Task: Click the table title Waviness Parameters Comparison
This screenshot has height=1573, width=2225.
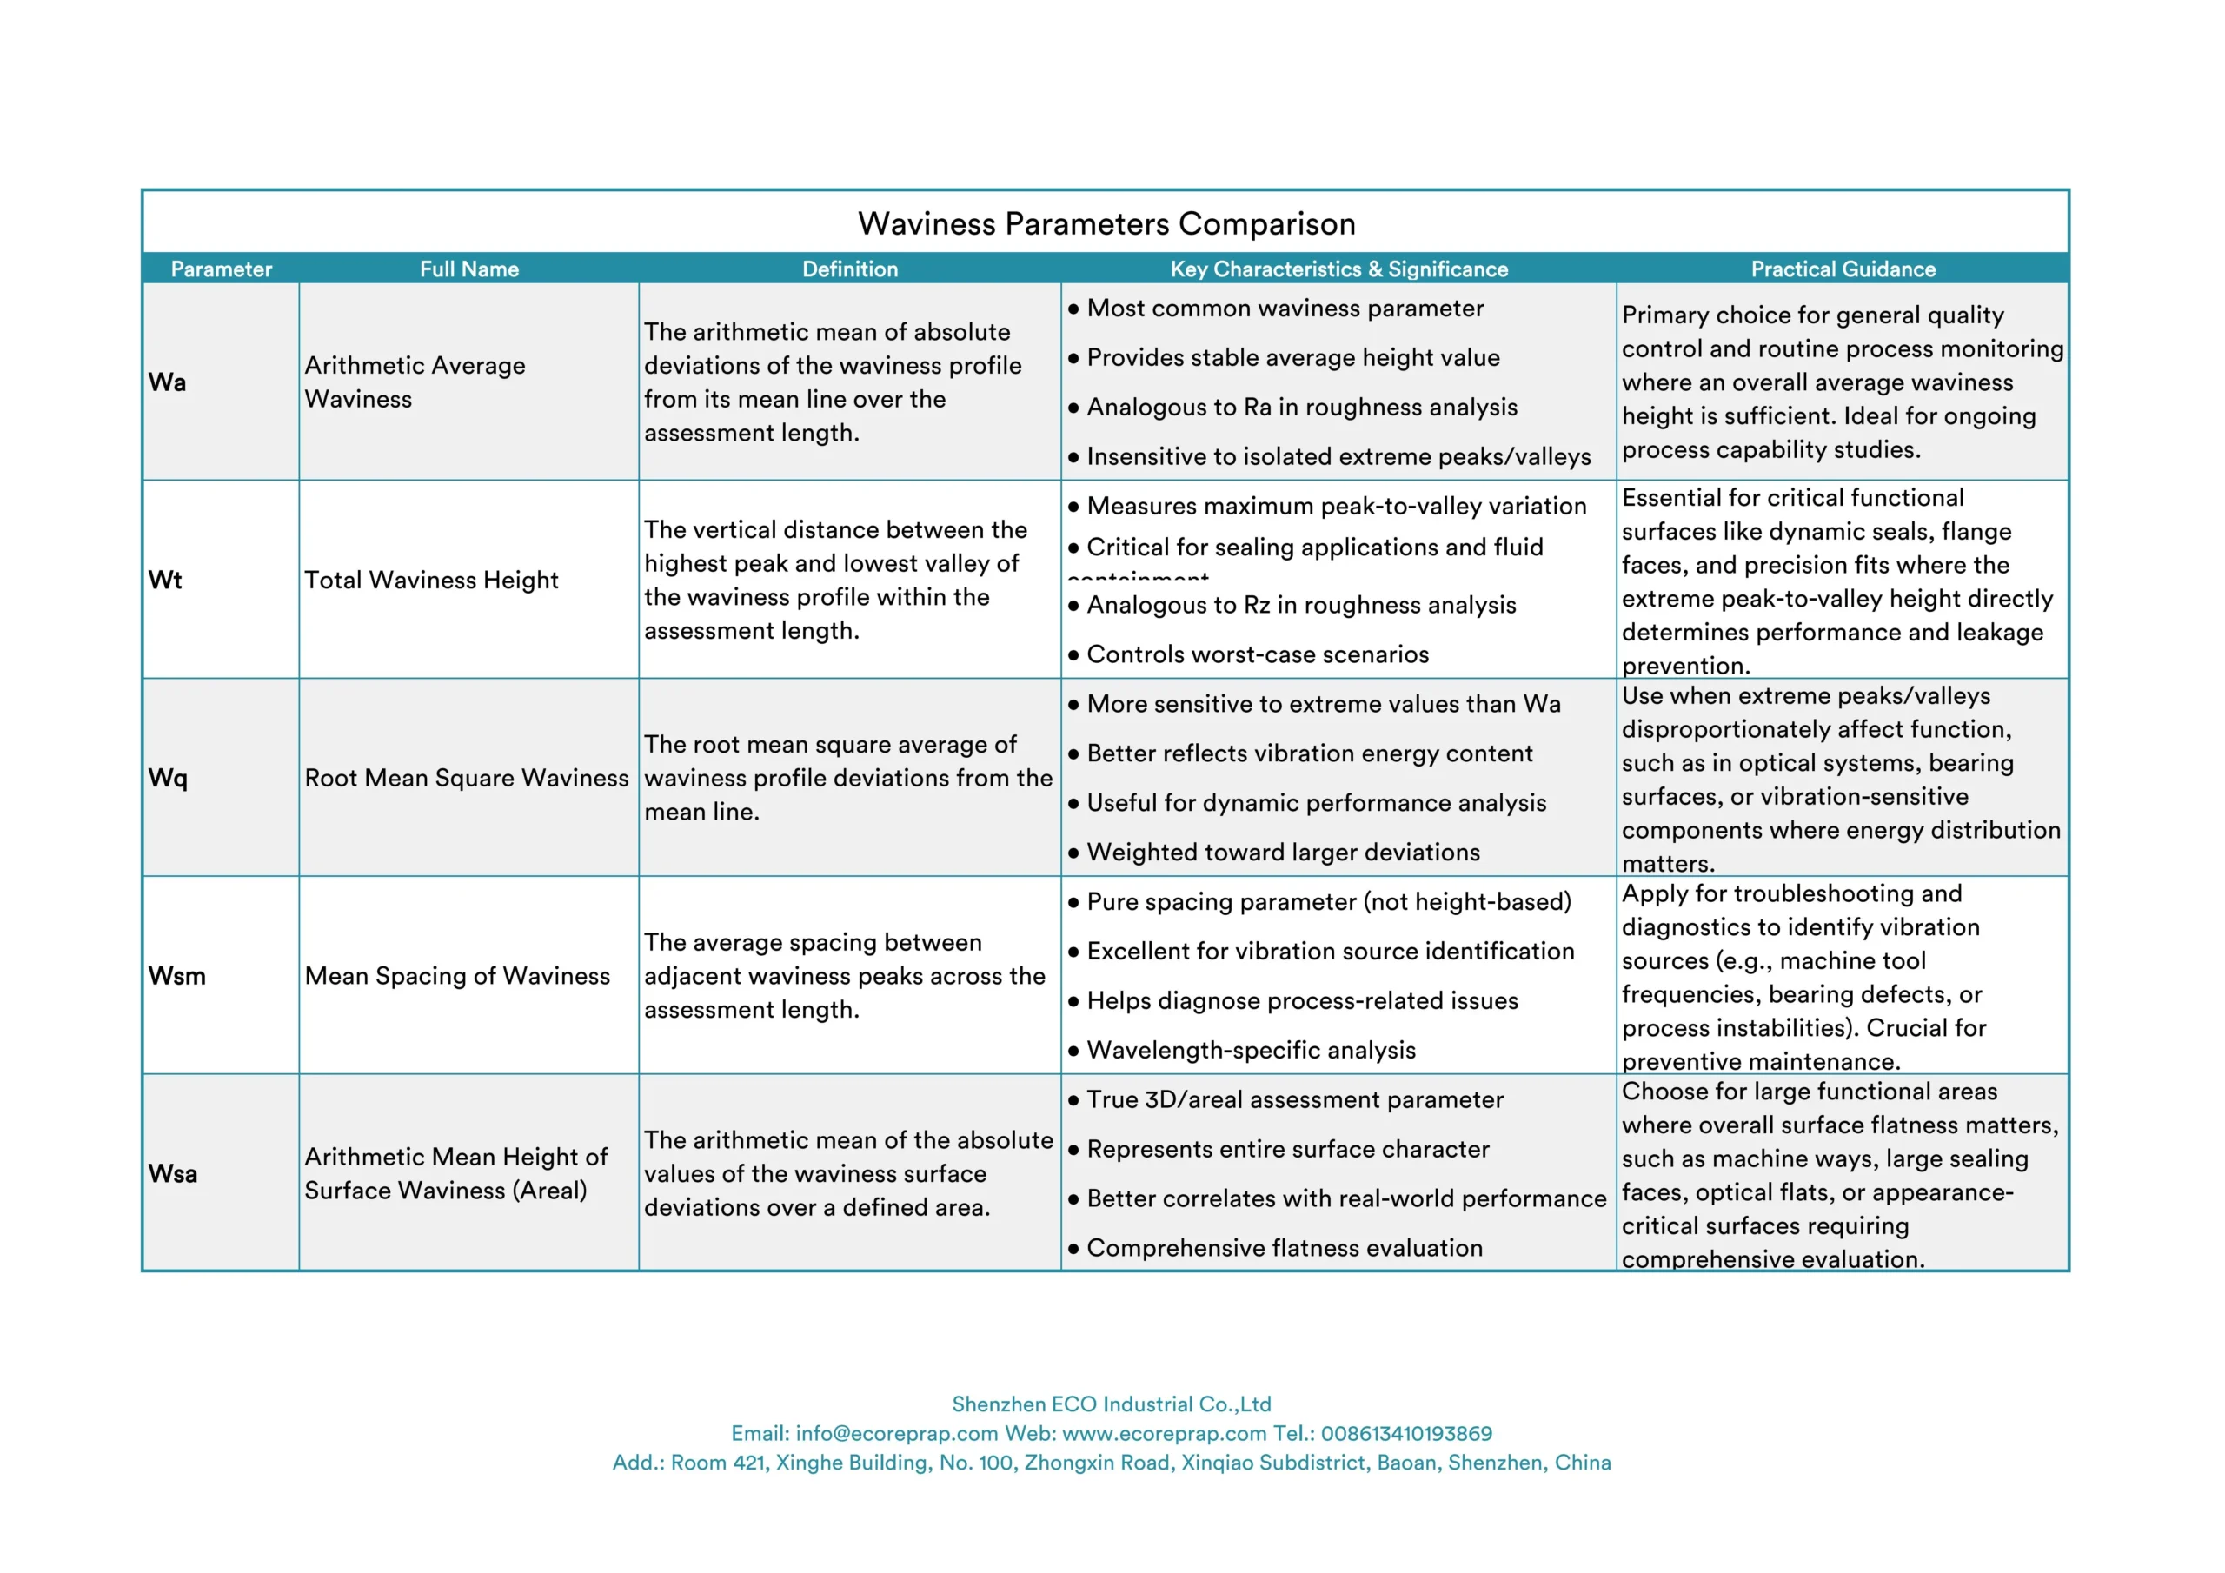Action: [1106, 224]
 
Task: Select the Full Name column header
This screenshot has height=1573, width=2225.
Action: [469, 269]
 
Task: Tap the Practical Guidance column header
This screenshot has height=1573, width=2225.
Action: [1843, 269]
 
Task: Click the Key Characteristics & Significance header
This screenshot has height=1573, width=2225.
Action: [1338, 269]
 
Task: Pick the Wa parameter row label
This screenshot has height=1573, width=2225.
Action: [167, 382]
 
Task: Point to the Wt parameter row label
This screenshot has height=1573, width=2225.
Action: [165, 580]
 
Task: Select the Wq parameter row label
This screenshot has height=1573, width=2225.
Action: [168, 777]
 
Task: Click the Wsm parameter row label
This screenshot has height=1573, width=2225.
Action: [176, 976]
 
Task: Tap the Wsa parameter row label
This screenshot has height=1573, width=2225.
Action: [172, 1174]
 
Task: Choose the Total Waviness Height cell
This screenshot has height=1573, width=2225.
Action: [431, 580]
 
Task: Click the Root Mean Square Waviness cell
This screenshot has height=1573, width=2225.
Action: [466, 777]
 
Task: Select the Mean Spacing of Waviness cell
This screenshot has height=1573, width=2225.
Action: [457, 976]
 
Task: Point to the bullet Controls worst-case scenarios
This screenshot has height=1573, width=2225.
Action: [1257, 654]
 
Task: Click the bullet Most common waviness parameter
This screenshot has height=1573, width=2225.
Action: [1284, 309]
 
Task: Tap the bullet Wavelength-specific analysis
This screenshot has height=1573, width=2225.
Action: [1250, 1050]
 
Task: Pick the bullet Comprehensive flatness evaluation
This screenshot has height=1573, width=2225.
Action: [1284, 1247]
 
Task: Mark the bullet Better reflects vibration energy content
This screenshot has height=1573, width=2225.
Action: [1309, 753]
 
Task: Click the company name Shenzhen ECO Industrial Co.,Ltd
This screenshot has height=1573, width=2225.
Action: [1111, 1404]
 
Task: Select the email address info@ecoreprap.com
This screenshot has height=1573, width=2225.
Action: [896, 1433]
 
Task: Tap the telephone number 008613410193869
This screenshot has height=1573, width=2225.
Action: [1406, 1433]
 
